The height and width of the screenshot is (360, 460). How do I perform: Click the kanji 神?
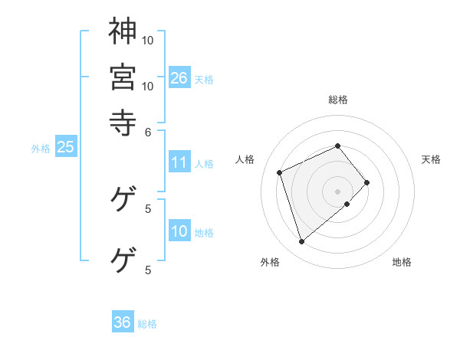pos(123,33)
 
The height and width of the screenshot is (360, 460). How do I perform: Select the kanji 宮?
pos(123,77)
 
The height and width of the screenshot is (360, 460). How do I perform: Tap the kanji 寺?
pos(123,120)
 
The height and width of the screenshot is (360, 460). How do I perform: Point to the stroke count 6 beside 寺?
pos(149,131)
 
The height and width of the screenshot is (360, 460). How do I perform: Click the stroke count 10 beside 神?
pos(148,40)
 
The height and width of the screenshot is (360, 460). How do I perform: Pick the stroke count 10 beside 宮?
pos(148,86)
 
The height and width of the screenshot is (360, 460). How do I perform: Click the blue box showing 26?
pos(179,78)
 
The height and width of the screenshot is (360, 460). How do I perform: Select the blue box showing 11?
pos(179,162)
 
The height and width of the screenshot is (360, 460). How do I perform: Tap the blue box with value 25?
pos(65,148)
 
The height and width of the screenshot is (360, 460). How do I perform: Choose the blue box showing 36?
pos(123,322)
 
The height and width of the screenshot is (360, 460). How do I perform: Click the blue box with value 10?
pos(179,232)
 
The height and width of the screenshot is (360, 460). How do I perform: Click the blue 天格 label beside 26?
pos(204,80)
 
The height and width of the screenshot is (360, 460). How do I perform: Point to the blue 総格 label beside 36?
pos(147,324)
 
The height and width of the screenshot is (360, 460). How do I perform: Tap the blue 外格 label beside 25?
pos(40,149)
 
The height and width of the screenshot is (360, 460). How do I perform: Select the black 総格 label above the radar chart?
pos(338,100)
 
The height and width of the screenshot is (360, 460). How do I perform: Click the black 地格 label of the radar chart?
pos(402,262)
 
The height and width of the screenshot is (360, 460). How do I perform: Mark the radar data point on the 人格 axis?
pos(281,172)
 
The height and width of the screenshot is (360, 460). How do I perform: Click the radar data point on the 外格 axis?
pos(302,242)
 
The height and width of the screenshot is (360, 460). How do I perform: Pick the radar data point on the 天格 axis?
pos(367,182)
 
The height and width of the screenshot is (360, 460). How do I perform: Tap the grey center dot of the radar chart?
pos(338,191)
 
